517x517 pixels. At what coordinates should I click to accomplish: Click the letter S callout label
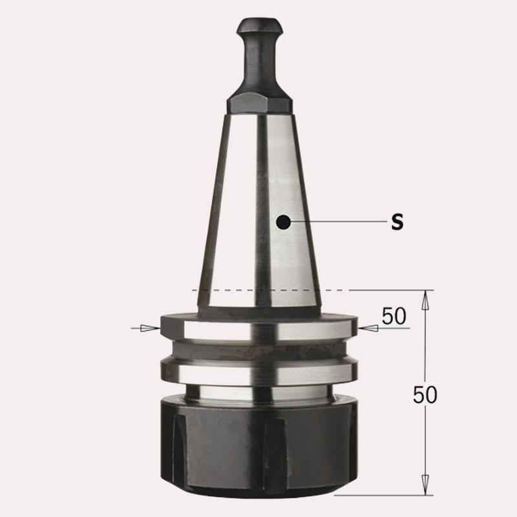tap(397, 222)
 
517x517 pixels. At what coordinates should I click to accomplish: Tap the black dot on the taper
tap(284, 222)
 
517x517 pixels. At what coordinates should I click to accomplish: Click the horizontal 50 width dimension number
tap(394, 316)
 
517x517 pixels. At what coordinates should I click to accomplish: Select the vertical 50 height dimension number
tap(425, 394)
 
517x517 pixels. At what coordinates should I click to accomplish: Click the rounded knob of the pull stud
tap(260, 27)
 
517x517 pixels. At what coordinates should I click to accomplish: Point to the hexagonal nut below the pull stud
tap(260, 103)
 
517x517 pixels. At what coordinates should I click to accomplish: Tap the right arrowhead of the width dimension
tap(368, 328)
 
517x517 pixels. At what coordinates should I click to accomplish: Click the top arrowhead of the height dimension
tap(425, 300)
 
